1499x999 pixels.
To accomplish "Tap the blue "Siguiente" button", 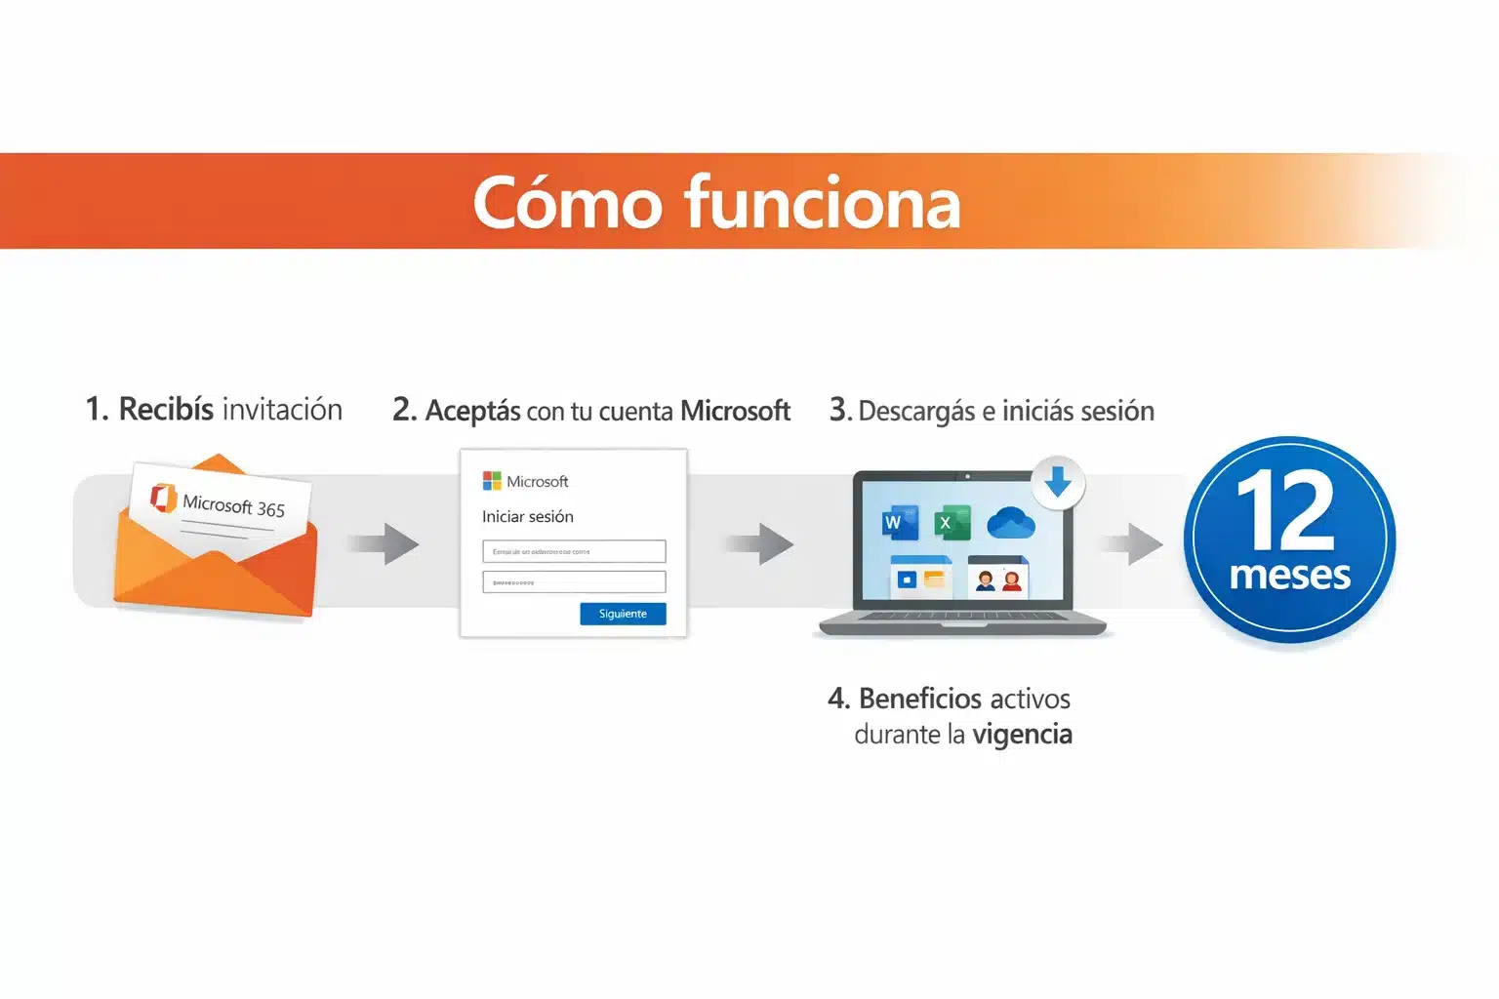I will point(623,614).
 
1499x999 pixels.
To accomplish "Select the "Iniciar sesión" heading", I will point(527,516).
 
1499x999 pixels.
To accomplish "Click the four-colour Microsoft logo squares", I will point(492,480).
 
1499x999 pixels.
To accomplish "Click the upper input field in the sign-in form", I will point(574,551).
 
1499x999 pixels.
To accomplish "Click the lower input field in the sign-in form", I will point(574,582).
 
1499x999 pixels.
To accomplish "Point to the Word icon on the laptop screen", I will point(900,524).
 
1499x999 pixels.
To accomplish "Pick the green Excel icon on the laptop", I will point(952,523).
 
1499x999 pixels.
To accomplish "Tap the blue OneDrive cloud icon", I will point(1010,523).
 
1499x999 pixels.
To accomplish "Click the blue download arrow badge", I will point(1058,482).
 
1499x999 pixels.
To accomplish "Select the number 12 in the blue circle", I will point(1285,510).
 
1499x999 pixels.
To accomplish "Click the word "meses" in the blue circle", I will point(1289,575).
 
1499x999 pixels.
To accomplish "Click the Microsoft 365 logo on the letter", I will point(163,497).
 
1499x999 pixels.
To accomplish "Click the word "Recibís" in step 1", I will point(166,410).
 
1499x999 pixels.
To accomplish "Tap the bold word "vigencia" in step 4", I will point(1022,735).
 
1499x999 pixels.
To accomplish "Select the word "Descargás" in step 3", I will point(916,412).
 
